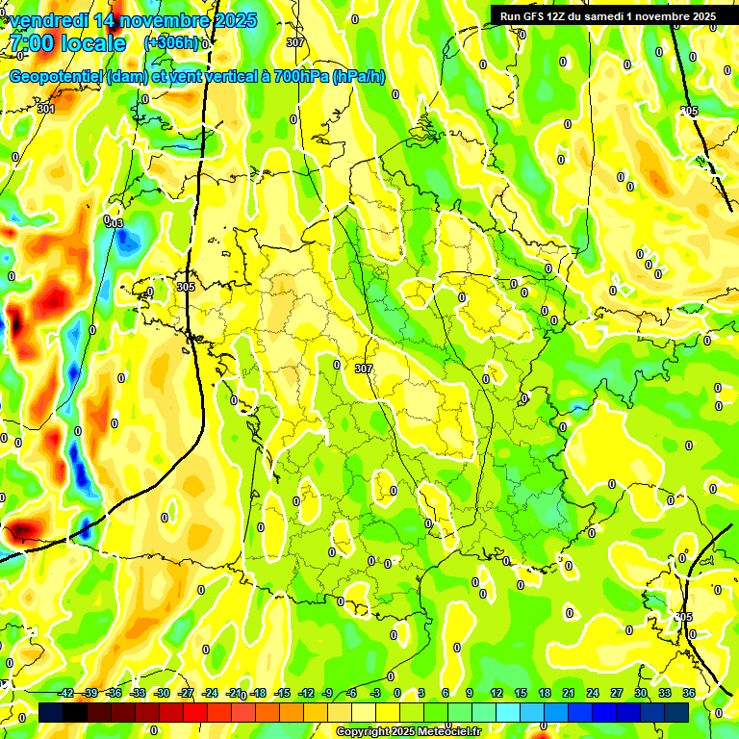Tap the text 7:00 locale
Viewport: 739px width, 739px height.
click(x=66, y=43)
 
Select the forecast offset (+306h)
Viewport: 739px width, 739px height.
click(x=171, y=43)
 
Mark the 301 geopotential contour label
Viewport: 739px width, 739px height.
click(x=46, y=109)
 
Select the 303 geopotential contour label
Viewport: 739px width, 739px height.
click(x=115, y=223)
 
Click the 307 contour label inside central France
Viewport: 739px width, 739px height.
click(x=363, y=369)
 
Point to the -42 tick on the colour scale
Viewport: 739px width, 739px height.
click(x=65, y=693)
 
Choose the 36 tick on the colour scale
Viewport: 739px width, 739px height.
click(x=689, y=693)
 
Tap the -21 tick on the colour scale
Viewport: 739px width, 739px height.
click(x=234, y=693)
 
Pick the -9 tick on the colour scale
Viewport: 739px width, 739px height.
click(x=327, y=693)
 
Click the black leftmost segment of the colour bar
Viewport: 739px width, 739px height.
click(x=52, y=712)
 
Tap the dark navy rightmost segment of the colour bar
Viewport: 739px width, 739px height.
click(x=676, y=712)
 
